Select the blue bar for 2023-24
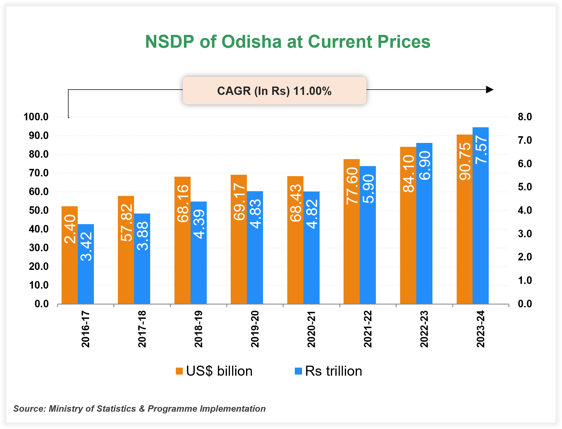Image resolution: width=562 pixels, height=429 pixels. (481, 223)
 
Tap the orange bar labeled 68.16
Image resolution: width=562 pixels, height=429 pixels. (183, 251)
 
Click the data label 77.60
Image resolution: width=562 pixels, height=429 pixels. (352, 186)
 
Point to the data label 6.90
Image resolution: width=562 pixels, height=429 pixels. (424, 165)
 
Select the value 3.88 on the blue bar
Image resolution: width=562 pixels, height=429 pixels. (142, 236)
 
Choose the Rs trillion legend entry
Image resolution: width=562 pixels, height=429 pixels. (329, 371)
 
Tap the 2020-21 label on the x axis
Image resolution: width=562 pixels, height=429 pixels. (311, 329)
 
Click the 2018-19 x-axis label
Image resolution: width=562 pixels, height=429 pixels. (198, 329)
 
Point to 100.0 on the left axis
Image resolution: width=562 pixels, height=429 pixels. (36, 117)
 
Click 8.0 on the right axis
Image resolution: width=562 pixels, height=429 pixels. (525, 117)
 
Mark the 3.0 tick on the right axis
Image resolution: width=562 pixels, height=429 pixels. (525, 234)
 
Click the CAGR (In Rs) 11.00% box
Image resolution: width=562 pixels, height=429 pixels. (274, 91)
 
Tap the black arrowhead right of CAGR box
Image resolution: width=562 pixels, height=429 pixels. (490, 90)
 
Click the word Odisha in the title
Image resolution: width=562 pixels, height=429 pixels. (251, 42)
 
